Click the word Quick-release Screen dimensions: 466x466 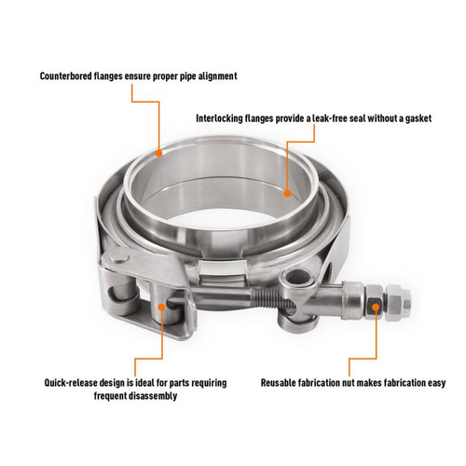(73, 381)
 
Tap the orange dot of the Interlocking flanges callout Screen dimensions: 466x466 (287, 193)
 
